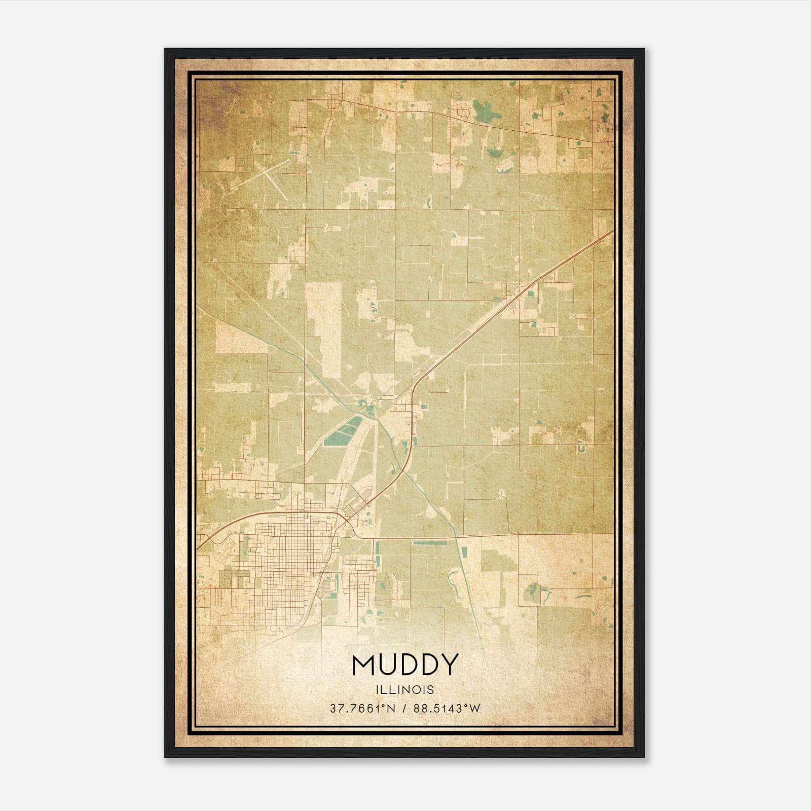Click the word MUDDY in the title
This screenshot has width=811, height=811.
[405, 665]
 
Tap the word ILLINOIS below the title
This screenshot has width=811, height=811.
[405, 690]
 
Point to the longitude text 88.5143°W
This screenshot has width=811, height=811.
[447, 709]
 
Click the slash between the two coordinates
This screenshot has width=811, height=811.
[403, 709]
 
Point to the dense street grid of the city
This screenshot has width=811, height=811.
[289, 558]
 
